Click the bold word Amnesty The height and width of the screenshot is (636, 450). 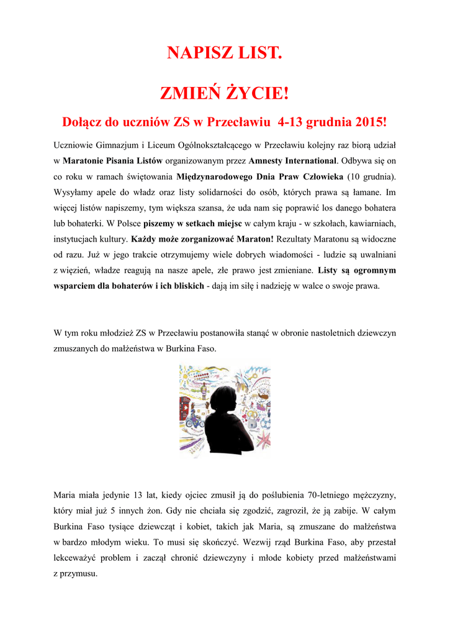click(268, 160)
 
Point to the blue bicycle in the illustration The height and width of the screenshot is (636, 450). click(194, 420)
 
